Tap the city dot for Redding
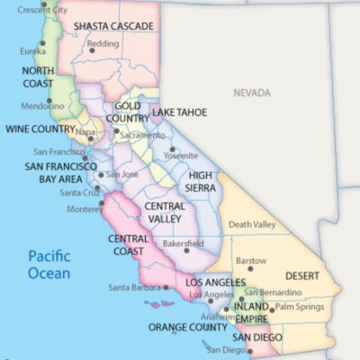91,49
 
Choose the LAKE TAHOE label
179,112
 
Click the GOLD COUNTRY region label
133,112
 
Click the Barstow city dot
250,267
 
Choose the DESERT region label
303,275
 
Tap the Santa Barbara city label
133,288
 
